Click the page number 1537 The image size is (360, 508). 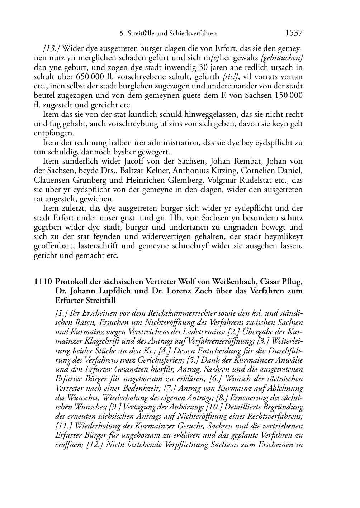[x=294, y=33]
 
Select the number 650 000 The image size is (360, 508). [x=88, y=77]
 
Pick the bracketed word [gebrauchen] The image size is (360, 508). [x=283, y=58]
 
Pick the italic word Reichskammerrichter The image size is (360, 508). [x=160, y=313]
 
